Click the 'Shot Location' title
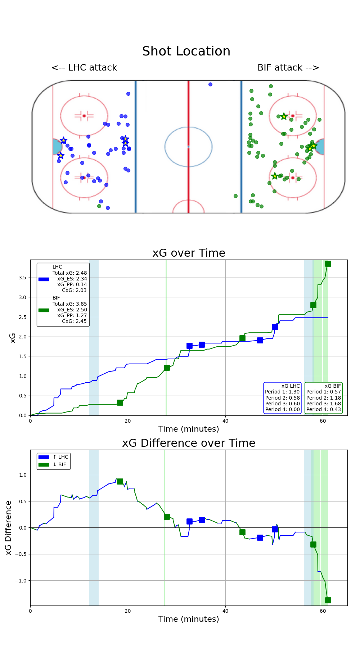pyautogui.click(x=186, y=51)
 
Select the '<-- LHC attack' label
pyautogui.click(x=84, y=68)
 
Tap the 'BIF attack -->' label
pyautogui.click(x=288, y=68)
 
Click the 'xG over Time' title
pyautogui.click(x=189, y=253)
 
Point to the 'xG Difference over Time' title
pyautogui.click(x=189, y=443)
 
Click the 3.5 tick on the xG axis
pyautogui.click(x=22, y=278)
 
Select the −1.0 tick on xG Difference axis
pyautogui.click(x=21, y=581)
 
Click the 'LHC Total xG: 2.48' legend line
pyautogui.click(x=69, y=273)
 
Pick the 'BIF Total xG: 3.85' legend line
pyautogui.click(x=69, y=304)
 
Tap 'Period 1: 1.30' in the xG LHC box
pyautogui.click(x=282, y=392)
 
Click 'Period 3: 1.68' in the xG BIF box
pyautogui.click(x=323, y=404)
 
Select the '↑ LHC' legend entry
pyautogui.click(x=60, y=457)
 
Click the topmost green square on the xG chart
pyautogui.click(x=328, y=264)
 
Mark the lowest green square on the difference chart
pyautogui.click(x=328, y=600)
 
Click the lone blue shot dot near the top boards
pyautogui.click(x=210, y=84)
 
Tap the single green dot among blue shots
pyautogui.click(x=99, y=206)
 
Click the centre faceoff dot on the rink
pyautogui.click(x=188, y=147)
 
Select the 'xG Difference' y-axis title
pyautogui.click(x=9, y=527)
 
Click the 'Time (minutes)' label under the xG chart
pyautogui.click(x=189, y=429)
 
